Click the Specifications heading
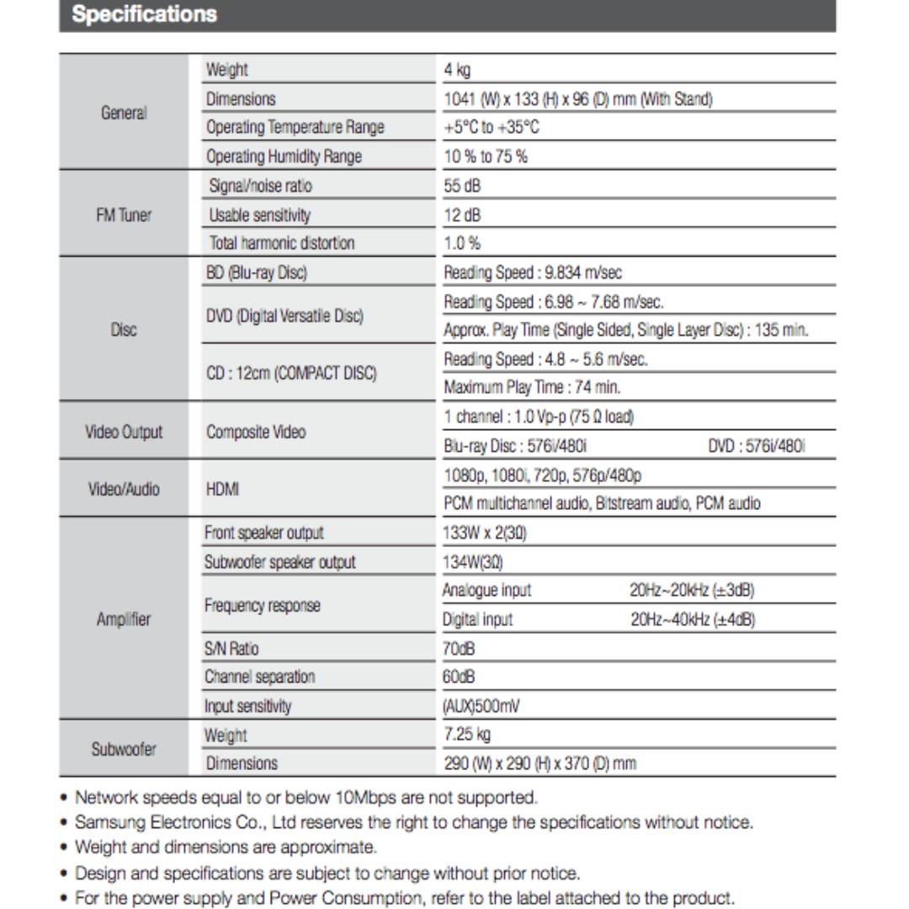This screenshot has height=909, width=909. coord(145,15)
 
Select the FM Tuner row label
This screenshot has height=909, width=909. coord(124,215)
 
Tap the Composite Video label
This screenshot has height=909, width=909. coord(257,432)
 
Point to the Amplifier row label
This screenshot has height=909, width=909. coord(124,619)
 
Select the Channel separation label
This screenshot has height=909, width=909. coord(260,677)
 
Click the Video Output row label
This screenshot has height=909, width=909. coord(124,432)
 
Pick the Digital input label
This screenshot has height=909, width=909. coord(478,619)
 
